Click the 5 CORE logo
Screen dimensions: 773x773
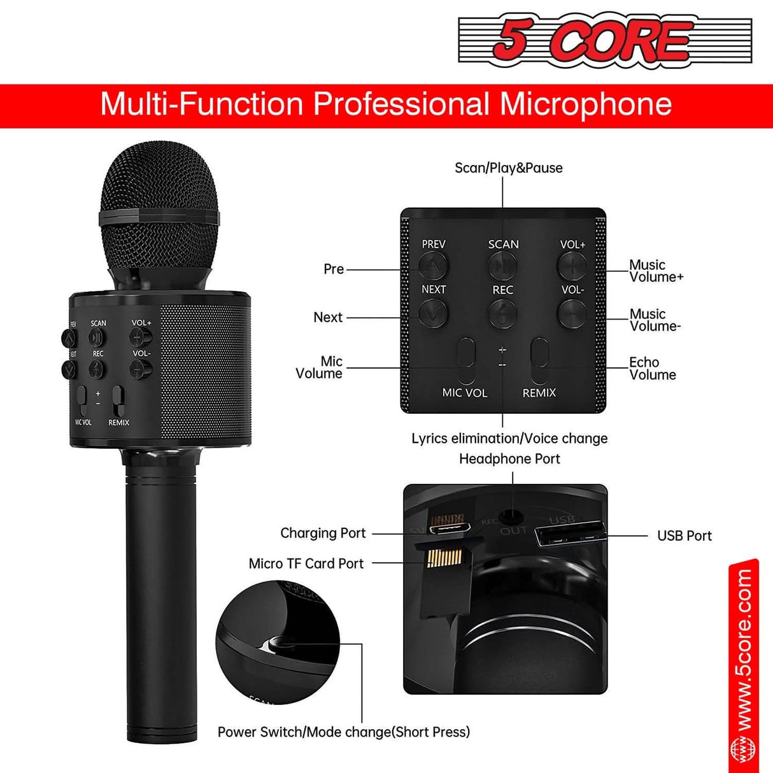tap(605, 39)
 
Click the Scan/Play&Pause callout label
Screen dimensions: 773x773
tap(508, 168)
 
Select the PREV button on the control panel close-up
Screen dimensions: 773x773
tap(433, 265)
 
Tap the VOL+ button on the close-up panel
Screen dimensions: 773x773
tap(572, 265)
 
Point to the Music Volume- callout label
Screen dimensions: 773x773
tap(655, 320)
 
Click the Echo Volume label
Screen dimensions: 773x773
tap(652, 368)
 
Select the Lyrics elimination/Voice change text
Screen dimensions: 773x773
tap(509, 439)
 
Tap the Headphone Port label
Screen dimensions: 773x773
tap(509, 459)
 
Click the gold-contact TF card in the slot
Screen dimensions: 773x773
tap(437, 558)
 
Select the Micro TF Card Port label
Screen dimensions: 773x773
tap(306, 564)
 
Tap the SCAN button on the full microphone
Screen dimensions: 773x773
tap(97, 337)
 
